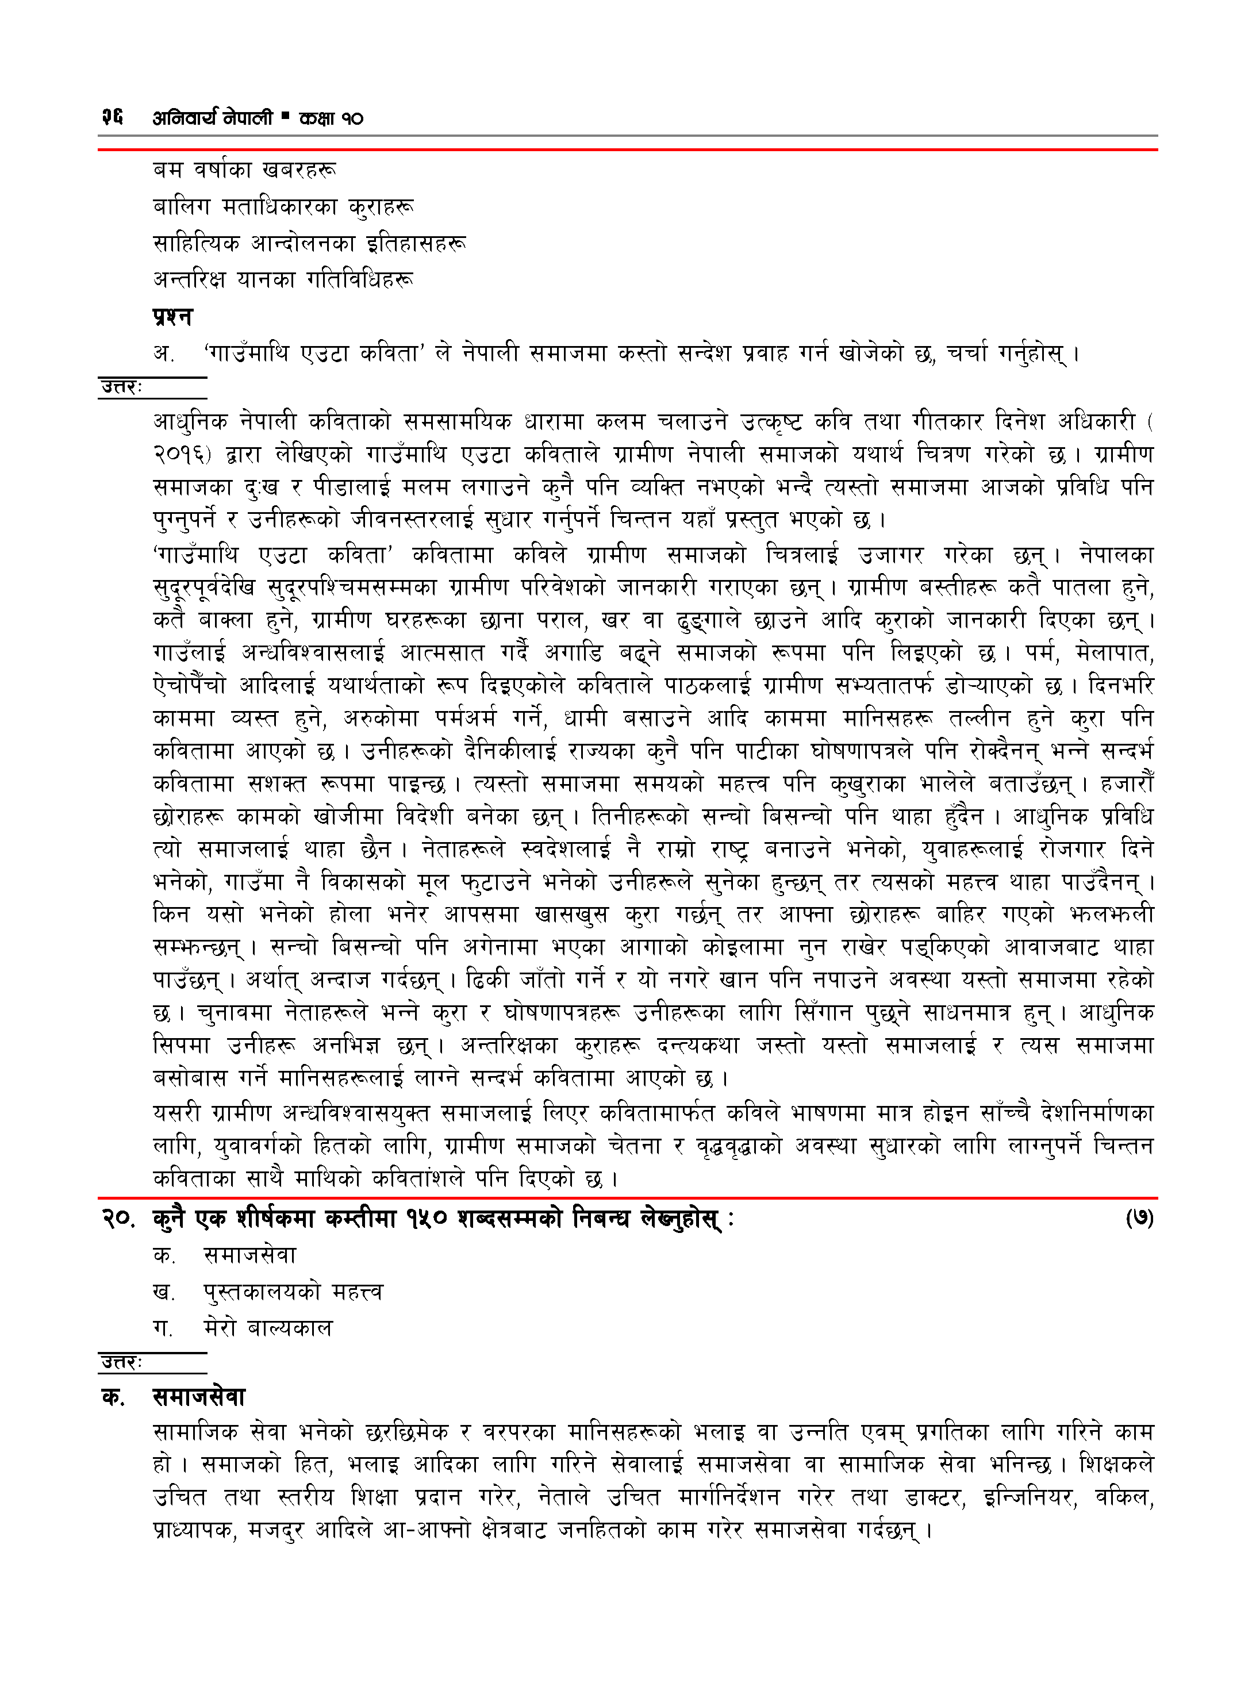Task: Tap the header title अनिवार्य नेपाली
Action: pyautogui.click(x=212, y=118)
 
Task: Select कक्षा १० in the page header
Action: pyautogui.click(x=331, y=118)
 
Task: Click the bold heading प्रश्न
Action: pyautogui.click(x=172, y=316)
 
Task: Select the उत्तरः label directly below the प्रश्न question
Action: pyautogui.click(x=122, y=387)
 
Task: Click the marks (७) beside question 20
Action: pyautogui.click(x=1139, y=1219)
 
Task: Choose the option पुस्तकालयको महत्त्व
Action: pyautogui.click(x=293, y=1292)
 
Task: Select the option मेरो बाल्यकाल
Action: pyautogui.click(x=268, y=1328)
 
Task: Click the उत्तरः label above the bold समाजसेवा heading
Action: pyautogui.click(x=122, y=1363)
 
